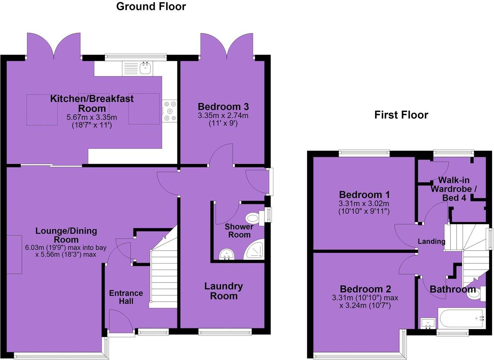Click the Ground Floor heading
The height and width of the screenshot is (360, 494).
coord(151,7)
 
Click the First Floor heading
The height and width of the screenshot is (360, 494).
coord(401,115)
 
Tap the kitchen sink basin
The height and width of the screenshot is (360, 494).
coord(145,68)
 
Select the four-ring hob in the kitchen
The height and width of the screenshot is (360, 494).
coord(170,111)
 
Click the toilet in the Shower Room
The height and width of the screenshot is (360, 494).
coord(255,218)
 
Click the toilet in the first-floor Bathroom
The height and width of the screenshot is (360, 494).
coord(477,294)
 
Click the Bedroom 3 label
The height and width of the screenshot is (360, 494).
coord(223,107)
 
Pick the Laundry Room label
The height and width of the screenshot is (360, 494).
coord(224,291)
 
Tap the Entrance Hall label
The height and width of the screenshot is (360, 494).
coord(126,297)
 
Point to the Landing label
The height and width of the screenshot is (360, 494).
coord(432,241)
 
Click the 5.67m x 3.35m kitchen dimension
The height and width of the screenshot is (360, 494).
coord(92,117)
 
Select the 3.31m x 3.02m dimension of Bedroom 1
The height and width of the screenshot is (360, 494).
coord(364,203)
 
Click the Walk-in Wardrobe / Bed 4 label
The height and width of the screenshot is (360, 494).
coord(454,189)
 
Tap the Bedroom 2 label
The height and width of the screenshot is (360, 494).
coord(365,289)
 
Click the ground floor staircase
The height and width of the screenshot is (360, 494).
coord(163,271)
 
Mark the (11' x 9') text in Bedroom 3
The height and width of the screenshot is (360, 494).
coord(223,123)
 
